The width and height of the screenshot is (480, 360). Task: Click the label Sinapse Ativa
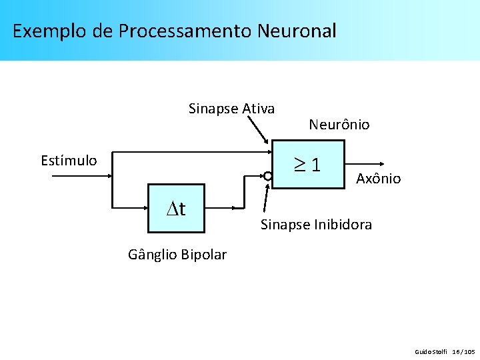click(231, 109)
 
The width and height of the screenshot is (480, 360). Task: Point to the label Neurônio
click(339, 125)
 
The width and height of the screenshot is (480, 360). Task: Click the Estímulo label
click(69, 161)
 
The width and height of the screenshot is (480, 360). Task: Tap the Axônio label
click(378, 179)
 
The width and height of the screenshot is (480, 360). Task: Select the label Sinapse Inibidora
click(316, 225)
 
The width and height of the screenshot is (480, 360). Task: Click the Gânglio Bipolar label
click(177, 255)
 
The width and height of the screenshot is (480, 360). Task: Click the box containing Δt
click(175, 210)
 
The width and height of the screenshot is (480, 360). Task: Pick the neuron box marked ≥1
click(309, 164)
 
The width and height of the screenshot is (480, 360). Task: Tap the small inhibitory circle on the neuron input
click(267, 177)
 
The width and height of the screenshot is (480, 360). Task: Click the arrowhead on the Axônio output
click(381, 163)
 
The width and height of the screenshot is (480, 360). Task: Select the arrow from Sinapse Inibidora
click(267, 200)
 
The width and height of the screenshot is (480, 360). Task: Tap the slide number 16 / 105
click(463, 351)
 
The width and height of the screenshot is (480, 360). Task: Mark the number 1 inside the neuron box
click(315, 164)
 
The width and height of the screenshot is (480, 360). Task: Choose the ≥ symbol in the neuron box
click(301, 164)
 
